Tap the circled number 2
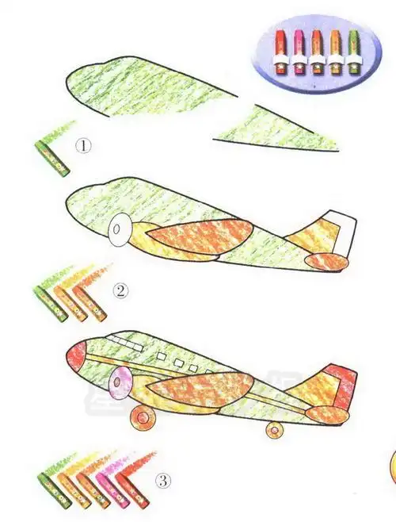tap(120, 290)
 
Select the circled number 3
tap(162, 481)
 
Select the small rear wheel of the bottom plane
tap(275, 429)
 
